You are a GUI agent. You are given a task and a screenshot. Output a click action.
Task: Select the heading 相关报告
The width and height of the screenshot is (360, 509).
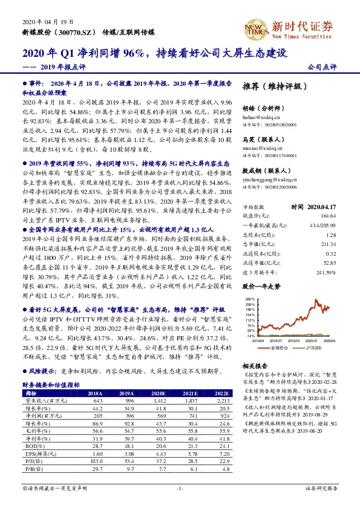click(250, 366)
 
